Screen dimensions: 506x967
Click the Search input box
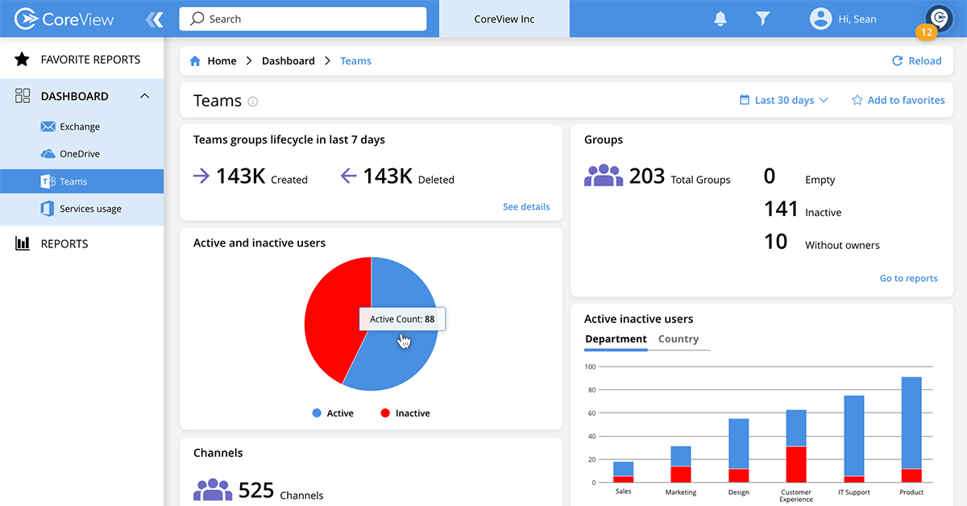(302, 19)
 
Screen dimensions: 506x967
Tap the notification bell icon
(720, 19)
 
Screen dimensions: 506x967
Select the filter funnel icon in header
(763, 19)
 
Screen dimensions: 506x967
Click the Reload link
(916, 61)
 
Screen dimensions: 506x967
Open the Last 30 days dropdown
(783, 101)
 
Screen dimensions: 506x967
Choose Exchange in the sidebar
(80, 126)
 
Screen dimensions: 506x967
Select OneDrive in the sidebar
(80, 154)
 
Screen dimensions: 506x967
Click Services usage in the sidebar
(90, 209)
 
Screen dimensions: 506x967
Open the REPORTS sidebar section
(64, 244)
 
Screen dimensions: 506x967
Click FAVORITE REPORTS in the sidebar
(90, 60)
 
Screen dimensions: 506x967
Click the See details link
(526, 207)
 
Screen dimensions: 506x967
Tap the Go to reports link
(908, 279)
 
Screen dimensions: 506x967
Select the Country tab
(678, 339)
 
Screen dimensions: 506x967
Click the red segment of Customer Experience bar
(796, 464)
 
